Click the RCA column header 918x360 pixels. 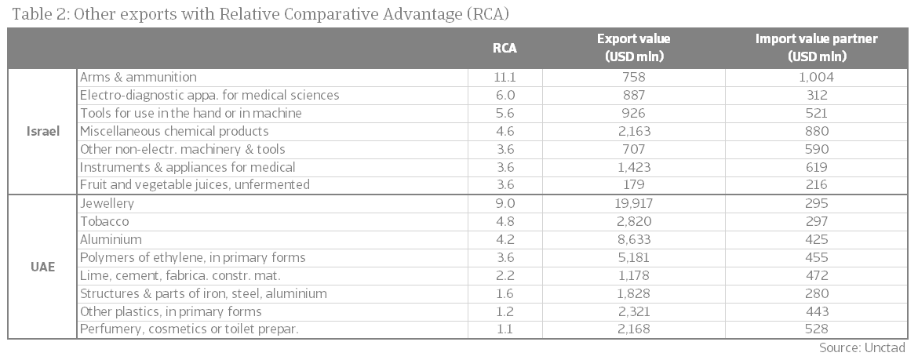(505, 48)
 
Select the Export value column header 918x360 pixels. (633, 48)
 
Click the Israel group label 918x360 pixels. (42, 131)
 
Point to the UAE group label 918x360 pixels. (42, 267)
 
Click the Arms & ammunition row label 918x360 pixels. (138, 77)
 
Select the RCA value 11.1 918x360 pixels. (505, 77)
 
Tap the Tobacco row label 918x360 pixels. (104, 221)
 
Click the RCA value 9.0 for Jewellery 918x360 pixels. (505, 203)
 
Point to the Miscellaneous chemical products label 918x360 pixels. (174, 131)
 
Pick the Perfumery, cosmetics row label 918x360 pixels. (189, 329)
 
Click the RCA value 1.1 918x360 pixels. (505, 329)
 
